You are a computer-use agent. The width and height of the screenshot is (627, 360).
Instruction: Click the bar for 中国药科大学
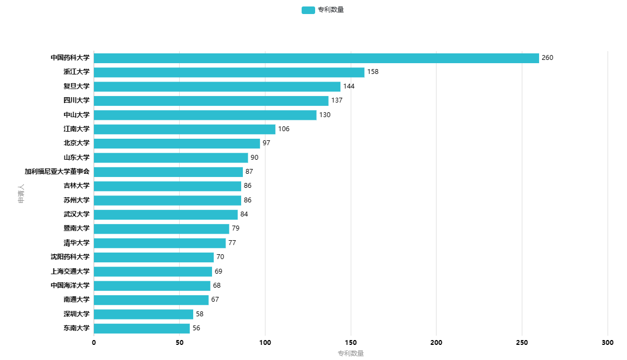316,58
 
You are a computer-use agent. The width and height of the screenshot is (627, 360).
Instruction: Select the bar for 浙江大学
229,72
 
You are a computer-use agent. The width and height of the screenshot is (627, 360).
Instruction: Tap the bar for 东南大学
142,328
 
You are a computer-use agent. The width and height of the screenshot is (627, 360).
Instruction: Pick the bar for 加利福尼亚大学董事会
168,172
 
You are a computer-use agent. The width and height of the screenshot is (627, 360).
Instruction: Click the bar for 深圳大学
144,315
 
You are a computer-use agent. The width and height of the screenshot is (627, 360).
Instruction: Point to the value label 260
548,58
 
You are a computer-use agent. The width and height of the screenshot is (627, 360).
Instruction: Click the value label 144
349,86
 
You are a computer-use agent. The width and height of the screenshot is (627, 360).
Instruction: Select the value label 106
284,129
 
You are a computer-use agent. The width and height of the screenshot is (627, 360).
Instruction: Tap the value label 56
196,328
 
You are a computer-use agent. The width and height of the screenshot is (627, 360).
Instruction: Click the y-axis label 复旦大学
77,86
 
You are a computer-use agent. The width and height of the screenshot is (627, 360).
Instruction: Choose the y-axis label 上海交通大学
70,271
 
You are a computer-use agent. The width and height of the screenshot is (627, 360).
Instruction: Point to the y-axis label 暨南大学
77,228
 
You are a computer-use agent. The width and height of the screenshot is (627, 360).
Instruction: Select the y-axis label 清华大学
77,243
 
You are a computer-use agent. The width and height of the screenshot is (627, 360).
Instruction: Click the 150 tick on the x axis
351,342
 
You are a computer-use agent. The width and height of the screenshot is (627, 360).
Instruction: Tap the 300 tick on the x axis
608,342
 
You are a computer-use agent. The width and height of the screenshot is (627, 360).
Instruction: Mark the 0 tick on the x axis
94,342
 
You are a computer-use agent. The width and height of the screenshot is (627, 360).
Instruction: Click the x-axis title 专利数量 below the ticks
351,353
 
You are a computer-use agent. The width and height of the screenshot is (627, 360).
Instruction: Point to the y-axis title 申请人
21,194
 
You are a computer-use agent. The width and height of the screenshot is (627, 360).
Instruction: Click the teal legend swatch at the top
308,10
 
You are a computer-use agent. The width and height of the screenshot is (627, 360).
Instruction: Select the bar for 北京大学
177,144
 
